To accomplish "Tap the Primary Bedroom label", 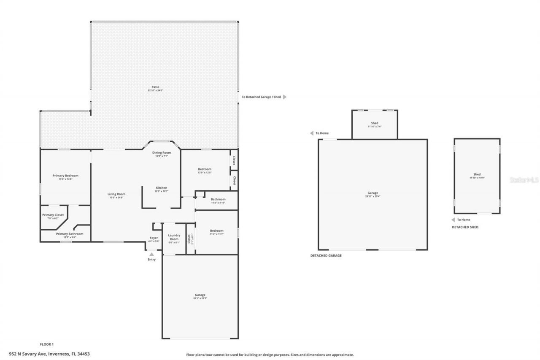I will coord(65,177).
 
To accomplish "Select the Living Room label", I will coord(116,196).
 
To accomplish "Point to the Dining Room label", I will coord(161,154).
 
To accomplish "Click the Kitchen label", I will coord(161,189).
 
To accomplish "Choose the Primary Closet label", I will coord(53,216).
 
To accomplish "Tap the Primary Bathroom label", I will coord(70,235).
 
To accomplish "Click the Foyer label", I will coord(154,239).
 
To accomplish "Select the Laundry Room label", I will coord(174,238).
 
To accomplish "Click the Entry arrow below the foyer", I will coord(151,254).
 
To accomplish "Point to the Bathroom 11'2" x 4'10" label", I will coord(218,201).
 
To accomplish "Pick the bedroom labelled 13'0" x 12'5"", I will coord(204,171).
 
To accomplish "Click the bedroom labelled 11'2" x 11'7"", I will coord(216,232).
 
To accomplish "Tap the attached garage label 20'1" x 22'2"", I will coord(200,296).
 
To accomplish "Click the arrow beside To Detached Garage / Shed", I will coord(285,97).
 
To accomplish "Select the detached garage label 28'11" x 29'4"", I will coord(373,195).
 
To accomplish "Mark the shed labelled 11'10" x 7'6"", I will coord(374,125).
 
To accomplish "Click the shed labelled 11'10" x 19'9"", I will coord(477,176).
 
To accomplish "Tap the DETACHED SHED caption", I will coord(465,227).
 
